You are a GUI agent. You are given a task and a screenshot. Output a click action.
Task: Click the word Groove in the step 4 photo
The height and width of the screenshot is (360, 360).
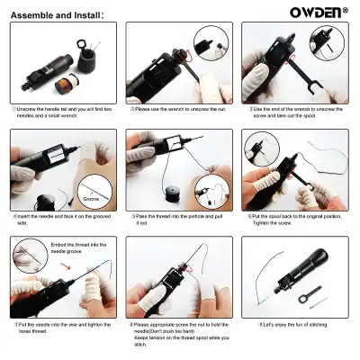point(91,196)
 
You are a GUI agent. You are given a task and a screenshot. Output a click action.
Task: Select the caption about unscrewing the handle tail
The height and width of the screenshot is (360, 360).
point(63,113)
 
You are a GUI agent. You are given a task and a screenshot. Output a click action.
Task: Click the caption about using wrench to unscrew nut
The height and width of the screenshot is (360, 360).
point(179,110)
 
